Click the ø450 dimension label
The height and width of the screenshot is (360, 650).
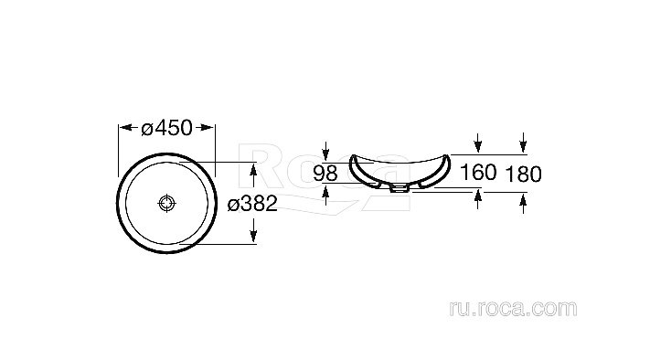point(166,128)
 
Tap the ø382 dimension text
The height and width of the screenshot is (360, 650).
point(252,204)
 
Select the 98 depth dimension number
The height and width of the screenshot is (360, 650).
point(325,174)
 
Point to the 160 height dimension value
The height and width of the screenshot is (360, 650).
point(478,172)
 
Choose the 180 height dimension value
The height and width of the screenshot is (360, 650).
point(524,174)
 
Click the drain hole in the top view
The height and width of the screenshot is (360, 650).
point(167,203)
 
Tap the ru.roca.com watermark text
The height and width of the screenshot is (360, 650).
point(513,309)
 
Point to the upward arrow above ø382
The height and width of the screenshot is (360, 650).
point(254,175)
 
